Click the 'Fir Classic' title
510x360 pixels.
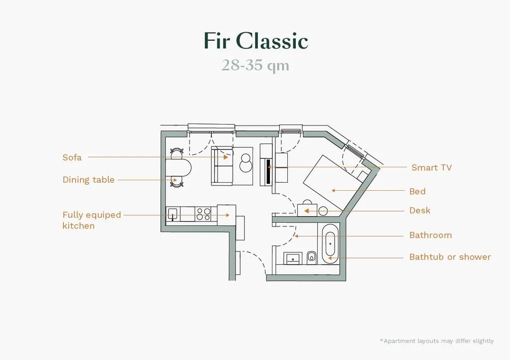click(x=255, y=41)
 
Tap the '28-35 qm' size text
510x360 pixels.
click(x=255, y=66)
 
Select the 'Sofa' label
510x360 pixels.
click(x=72, y=157)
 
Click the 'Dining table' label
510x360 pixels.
click(x=88, y=180)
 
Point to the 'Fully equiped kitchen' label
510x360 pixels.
click(x=92, y=220)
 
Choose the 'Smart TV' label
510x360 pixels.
click(x=431, y=167)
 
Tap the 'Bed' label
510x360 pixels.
click(x=417, y=191)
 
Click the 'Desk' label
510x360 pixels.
click(x=419, y=210)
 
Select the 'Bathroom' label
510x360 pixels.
click(x=430, y=235)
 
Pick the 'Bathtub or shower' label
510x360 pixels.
click(x=450, y=257)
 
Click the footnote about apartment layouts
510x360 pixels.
click(x=436, y=341)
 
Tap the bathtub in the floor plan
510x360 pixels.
click(x=330, y=243)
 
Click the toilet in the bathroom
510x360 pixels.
click(x=312, y=257)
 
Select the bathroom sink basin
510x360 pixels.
click(x=293, y=258)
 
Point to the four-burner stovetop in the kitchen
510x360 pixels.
click(x=203, y=214)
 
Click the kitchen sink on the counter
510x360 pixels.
click(x=172, y=214)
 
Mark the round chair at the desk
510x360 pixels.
click(x=323, y=211)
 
